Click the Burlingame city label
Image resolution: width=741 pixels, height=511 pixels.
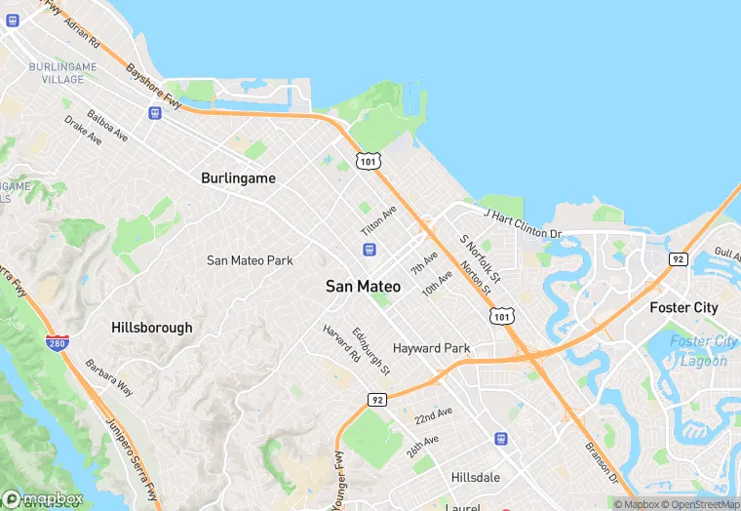pos(238,178)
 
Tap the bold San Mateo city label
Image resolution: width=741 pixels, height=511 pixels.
pos(363,287)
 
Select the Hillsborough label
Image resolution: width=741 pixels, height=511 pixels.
pos(151,328)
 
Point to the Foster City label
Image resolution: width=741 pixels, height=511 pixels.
pos(683,307)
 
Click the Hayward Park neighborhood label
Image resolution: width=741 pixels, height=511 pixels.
pos(431,348)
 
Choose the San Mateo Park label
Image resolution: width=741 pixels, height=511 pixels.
pos(250,260)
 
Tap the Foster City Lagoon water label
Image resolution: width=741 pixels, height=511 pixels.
pos(699,351)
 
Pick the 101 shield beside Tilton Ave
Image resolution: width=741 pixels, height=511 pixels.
pos(367,160)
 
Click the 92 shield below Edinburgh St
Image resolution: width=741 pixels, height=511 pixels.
pos(377,399)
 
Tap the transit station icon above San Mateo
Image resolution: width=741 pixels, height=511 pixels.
pos(369,250)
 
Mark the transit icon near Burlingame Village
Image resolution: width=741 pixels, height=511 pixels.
pos(154,112)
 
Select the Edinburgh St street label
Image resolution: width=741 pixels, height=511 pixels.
pos(371,351)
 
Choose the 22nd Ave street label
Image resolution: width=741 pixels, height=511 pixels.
pos(432,414)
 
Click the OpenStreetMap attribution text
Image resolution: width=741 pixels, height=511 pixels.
pos(700,504)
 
